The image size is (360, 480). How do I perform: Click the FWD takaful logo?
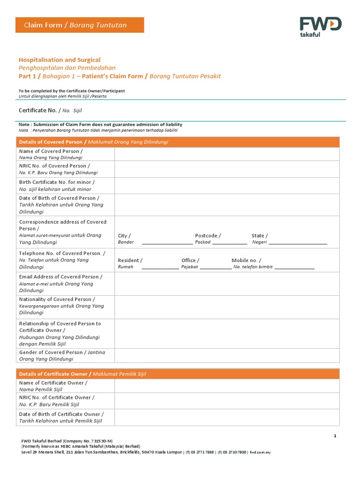tap(321, 27)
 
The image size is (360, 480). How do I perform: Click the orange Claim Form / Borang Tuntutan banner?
tap(80, 25)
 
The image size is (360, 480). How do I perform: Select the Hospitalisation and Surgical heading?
tap(60, 60)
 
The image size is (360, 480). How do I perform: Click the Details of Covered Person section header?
tap(93, 142)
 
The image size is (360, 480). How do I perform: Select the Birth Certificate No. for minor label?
tap(57, 186)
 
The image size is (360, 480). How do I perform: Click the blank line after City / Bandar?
tap(167, 243)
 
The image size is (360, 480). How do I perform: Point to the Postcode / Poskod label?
tap(208, 239)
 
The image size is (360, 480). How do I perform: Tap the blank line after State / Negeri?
tap(298, 243)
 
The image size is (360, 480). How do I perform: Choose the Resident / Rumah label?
tap(130, 263)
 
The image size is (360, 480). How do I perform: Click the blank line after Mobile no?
tap(294, 268)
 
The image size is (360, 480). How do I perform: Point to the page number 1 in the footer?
tap(335, 436)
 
